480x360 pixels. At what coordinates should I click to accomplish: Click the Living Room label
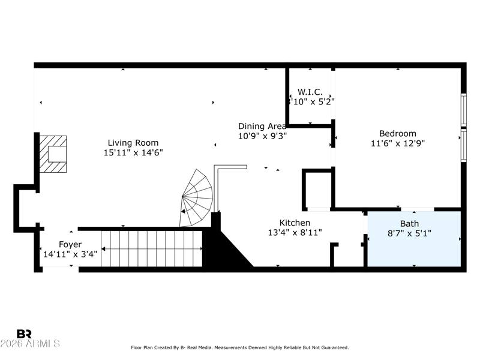[x=133, y=143]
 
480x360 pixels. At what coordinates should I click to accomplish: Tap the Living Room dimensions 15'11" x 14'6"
[x=133, y=153]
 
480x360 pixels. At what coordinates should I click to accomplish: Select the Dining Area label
[x=262, y=126]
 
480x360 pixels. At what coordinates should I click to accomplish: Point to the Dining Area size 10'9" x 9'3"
[x=262, y=136]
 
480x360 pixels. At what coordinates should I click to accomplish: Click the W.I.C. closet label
[x=310, y=92]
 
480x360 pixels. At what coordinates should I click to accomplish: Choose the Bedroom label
[x=397, y=134]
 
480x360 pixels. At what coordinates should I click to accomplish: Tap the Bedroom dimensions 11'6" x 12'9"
[x=397, y=143]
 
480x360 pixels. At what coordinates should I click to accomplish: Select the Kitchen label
[x=295, y=223]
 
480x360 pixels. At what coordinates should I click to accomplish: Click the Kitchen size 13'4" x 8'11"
[x=295, y=233]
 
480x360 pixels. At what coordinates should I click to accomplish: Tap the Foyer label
[x=70, y=244]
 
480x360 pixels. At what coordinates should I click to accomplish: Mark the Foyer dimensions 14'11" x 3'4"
[x=70, y=254]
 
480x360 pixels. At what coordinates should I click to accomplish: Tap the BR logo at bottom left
[x=24, y=334]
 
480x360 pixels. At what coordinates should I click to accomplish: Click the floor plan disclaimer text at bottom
[x=239, y=347]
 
